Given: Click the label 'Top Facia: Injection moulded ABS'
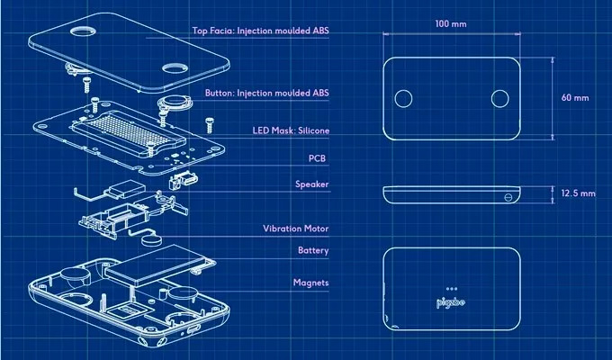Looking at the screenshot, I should coord(261,30).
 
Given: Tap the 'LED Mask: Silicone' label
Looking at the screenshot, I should coord(290,130).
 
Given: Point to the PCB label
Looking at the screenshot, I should coord(316,158).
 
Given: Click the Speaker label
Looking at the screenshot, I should coord(311,184).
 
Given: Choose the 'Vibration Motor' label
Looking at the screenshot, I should coord(295,229).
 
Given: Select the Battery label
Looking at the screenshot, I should coord(312,250).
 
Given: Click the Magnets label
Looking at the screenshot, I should coord(310,283).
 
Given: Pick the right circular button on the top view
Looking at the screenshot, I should coord(500,97).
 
